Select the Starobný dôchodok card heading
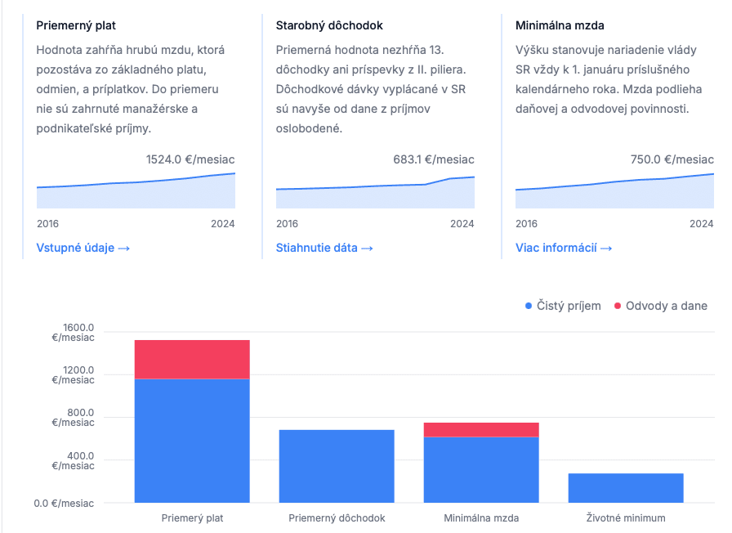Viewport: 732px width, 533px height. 329,25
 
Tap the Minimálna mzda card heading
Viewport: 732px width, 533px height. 560,25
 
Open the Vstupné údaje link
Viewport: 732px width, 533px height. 83,248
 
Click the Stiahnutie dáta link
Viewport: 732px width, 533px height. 324,248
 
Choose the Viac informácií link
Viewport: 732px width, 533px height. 564,248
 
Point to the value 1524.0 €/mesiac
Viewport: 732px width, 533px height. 190,159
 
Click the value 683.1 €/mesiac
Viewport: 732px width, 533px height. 433,159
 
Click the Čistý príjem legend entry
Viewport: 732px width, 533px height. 563,306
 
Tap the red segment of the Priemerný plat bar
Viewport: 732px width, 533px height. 192,359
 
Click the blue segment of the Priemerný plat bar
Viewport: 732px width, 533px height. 192,441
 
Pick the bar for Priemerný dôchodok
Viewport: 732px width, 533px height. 337,466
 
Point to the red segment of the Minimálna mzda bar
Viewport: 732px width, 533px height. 481,430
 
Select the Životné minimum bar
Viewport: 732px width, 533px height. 626,488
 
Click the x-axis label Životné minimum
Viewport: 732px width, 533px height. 626,517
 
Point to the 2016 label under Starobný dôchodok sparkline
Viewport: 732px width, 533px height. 288,223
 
